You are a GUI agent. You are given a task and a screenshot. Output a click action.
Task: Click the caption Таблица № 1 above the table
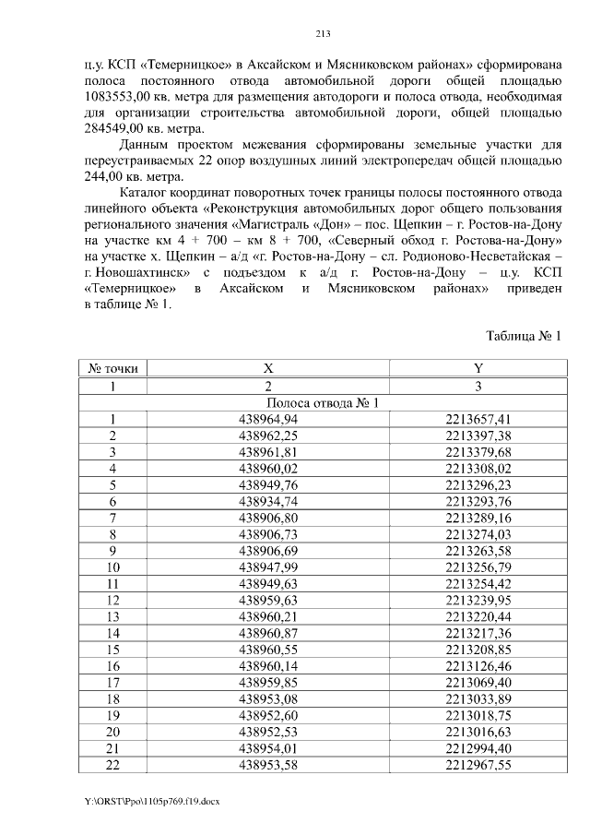524,335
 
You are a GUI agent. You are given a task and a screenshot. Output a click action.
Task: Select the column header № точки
112,368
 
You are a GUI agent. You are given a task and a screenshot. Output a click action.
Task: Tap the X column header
268,368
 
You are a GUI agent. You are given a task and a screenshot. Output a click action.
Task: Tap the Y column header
478,368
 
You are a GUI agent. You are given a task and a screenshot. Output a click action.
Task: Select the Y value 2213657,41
478,419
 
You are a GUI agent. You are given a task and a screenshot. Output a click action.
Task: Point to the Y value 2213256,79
478,567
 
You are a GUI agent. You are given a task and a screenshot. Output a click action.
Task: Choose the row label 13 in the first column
112,617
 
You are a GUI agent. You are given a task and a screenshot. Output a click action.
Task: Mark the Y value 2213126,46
478,667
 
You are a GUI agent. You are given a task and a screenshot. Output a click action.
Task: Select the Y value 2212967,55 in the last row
478,766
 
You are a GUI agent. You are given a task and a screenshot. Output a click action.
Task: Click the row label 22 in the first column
112,766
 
